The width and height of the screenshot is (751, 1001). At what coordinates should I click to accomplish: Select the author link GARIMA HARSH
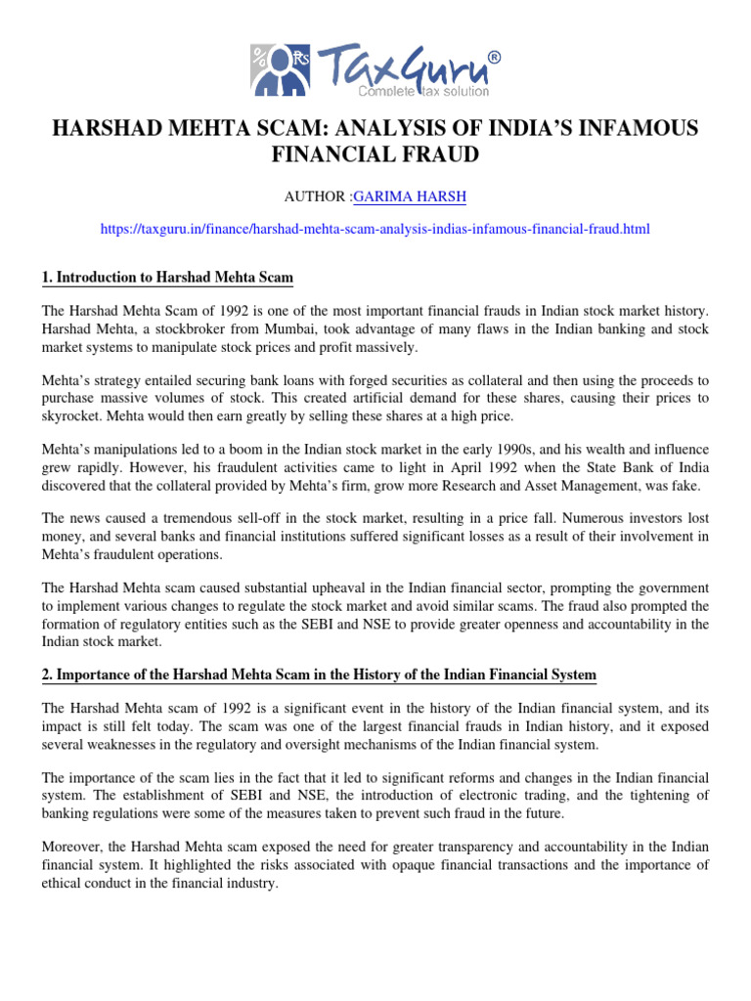pyautogui.click(x=398, y=196)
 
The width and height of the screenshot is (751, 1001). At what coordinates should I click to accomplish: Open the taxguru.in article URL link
pyautogui.click(x=375, y=229)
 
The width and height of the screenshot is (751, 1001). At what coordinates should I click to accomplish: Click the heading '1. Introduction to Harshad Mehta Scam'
pyautogui.click(x=167, y=278)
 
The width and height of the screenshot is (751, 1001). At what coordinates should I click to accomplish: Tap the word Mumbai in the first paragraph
pyautogui.click(x=276, y=328)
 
